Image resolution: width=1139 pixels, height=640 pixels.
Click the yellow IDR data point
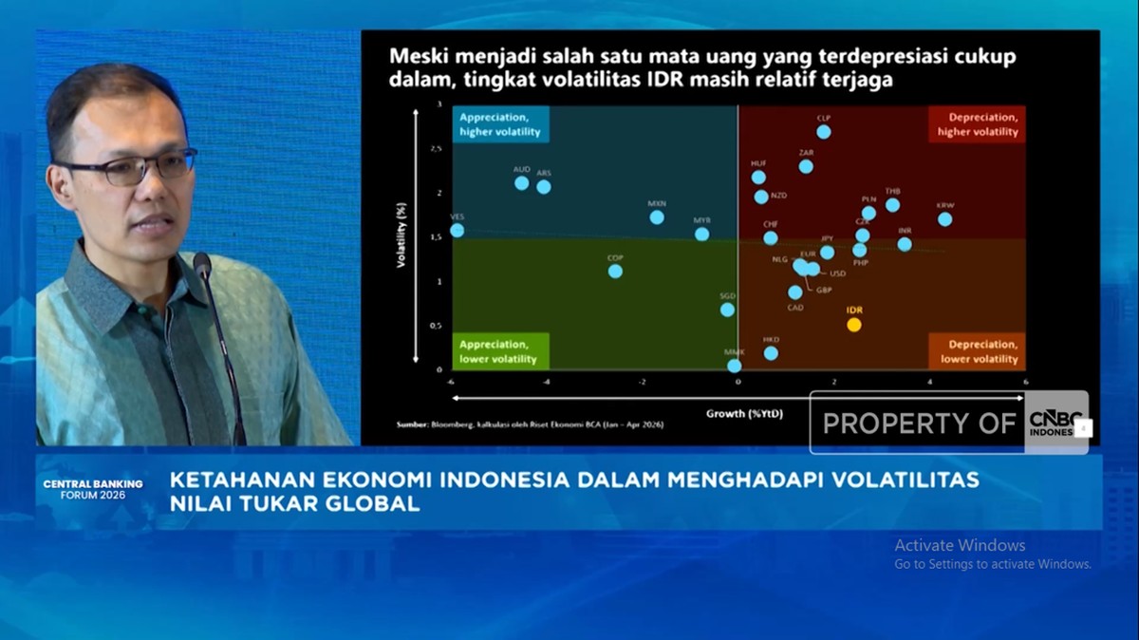point(853,325)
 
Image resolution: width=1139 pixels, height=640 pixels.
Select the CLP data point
point(823,132)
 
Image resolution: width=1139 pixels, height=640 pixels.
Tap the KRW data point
point(944,219)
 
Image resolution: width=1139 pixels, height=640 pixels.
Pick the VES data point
point(457,231)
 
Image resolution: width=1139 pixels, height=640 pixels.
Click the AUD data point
point(522,182)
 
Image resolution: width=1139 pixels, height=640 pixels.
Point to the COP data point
point(615,272)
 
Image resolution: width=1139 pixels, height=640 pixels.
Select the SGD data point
point(727,310)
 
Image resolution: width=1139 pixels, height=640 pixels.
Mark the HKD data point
point(771,353)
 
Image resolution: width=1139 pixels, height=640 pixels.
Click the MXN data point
point(657,217)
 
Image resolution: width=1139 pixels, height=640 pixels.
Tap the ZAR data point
point(806,166)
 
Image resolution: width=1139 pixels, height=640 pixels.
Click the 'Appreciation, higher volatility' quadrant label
point(501,124)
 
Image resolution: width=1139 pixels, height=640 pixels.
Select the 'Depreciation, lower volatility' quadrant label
point(979,351)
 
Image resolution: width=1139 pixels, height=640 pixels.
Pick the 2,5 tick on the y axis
point(436,149)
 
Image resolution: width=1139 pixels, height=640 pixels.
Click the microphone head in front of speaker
point(202,266)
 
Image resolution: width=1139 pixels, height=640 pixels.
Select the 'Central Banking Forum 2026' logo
point(93,489)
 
